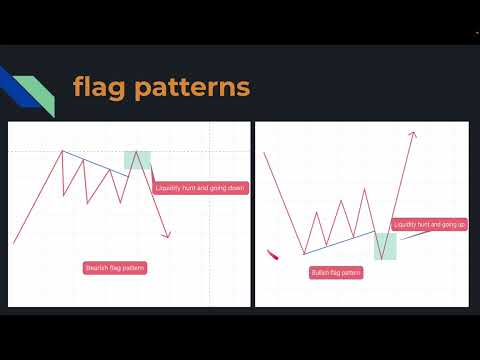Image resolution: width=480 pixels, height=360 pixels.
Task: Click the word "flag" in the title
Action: (98, 87)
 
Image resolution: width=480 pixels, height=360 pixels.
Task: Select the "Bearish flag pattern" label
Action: (115, 268)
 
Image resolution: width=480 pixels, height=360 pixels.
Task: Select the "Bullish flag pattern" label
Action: (337, 272)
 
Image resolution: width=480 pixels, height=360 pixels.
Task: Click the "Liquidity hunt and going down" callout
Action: (201, 187)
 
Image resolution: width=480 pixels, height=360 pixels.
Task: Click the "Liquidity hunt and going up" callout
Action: (429, 225)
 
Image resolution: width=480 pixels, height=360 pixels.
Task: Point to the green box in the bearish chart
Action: (138, 159)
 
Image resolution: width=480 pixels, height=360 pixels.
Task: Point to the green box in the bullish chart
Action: (385, 246)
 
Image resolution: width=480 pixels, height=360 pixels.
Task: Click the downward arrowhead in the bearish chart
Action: (168, 235)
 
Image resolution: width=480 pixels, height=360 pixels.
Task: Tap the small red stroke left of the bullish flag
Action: (272, 254)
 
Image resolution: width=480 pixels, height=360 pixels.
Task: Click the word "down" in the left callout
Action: (236, 187)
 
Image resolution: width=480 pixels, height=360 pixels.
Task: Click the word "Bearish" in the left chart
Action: (98, 268)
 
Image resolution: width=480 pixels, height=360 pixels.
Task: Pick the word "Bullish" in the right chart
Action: (322, 272)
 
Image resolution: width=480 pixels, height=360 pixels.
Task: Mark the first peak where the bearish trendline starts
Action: (63, 151)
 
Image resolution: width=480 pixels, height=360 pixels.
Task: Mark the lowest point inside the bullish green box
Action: (382, 259)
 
